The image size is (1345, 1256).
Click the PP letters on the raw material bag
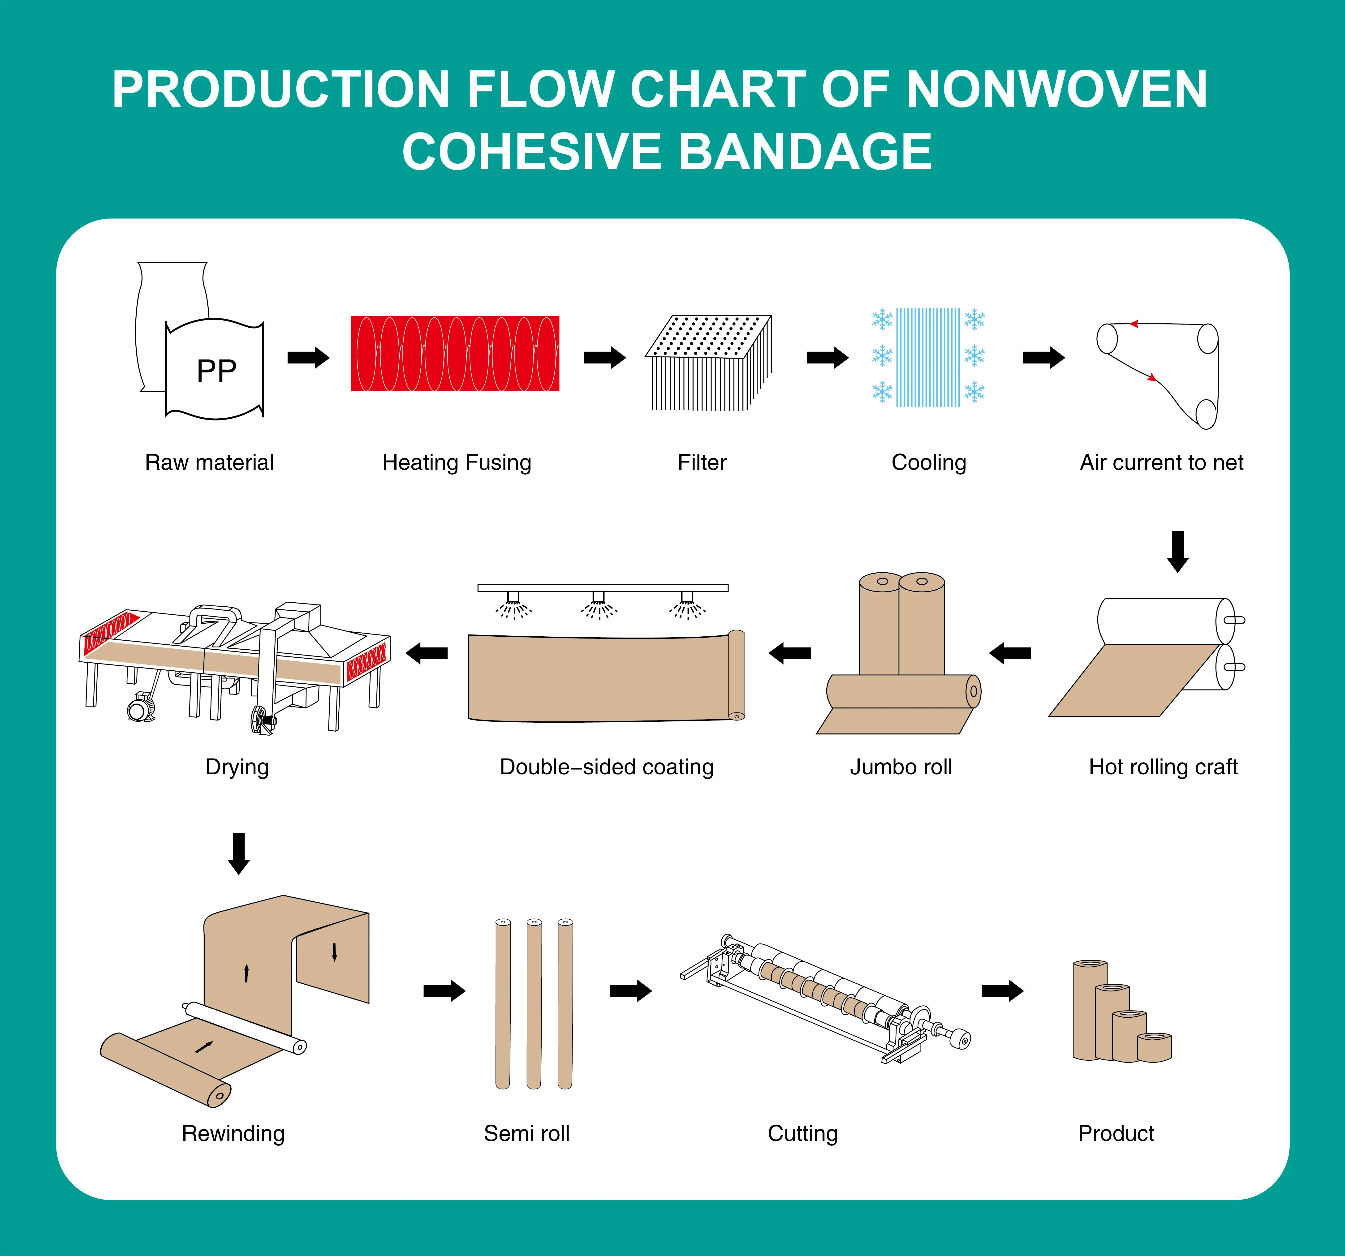216,371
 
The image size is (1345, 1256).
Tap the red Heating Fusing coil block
455,353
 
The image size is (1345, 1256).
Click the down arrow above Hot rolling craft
1178,551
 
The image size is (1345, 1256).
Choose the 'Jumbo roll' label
901,767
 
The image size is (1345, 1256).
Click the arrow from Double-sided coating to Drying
427,653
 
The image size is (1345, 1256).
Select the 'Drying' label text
237,767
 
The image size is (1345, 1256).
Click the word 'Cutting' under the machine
802,1134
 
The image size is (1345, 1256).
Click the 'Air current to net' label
1161,463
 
